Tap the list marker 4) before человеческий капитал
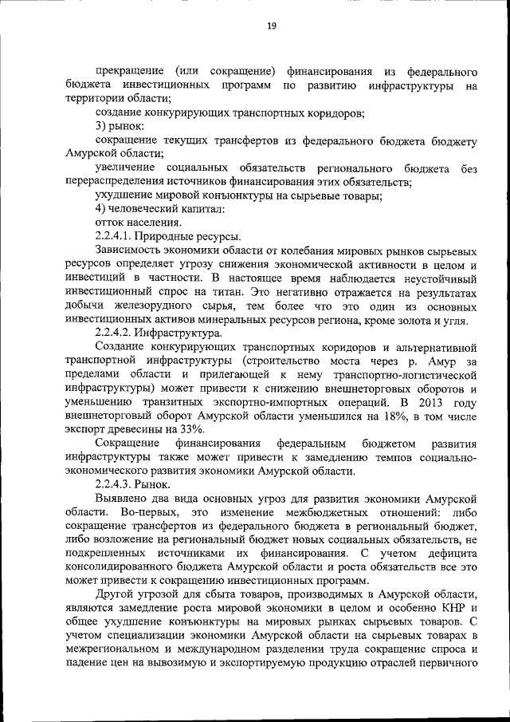coord(101,209)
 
